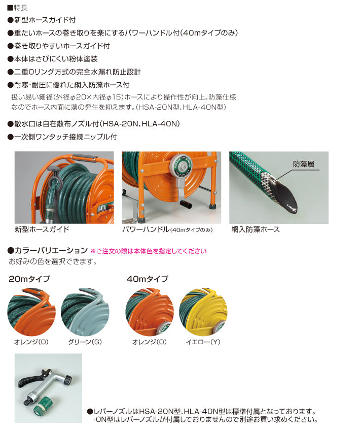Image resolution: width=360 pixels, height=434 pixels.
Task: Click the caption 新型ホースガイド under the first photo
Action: click(x=42, y=229)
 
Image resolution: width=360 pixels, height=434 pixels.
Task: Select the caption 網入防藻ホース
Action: click(x=255, y=229)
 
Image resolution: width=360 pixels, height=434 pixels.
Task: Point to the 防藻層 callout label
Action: click(x=303, y=164)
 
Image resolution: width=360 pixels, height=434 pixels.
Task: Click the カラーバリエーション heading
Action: click(x=48, y=251)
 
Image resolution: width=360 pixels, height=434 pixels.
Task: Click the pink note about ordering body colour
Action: click(x=149, y=251)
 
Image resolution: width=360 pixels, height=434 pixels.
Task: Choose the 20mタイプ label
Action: click(x=29, y=279)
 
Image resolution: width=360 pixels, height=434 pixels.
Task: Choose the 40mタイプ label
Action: click(x=147, y=279)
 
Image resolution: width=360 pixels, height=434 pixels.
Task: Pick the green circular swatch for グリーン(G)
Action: click(x=85, y=312)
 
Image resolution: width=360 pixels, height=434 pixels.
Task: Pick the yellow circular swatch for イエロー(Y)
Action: click(x=203, y=312)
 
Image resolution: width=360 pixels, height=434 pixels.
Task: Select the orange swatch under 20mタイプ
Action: click(x=31, y=312)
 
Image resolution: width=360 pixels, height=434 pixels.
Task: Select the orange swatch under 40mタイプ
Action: click(x=150, y=312)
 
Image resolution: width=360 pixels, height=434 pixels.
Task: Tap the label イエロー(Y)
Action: click(x=203, y=342)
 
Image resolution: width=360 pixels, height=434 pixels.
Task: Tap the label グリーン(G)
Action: click(x=85, y=342)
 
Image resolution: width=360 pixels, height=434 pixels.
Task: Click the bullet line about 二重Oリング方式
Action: click(x=74, y=72)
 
